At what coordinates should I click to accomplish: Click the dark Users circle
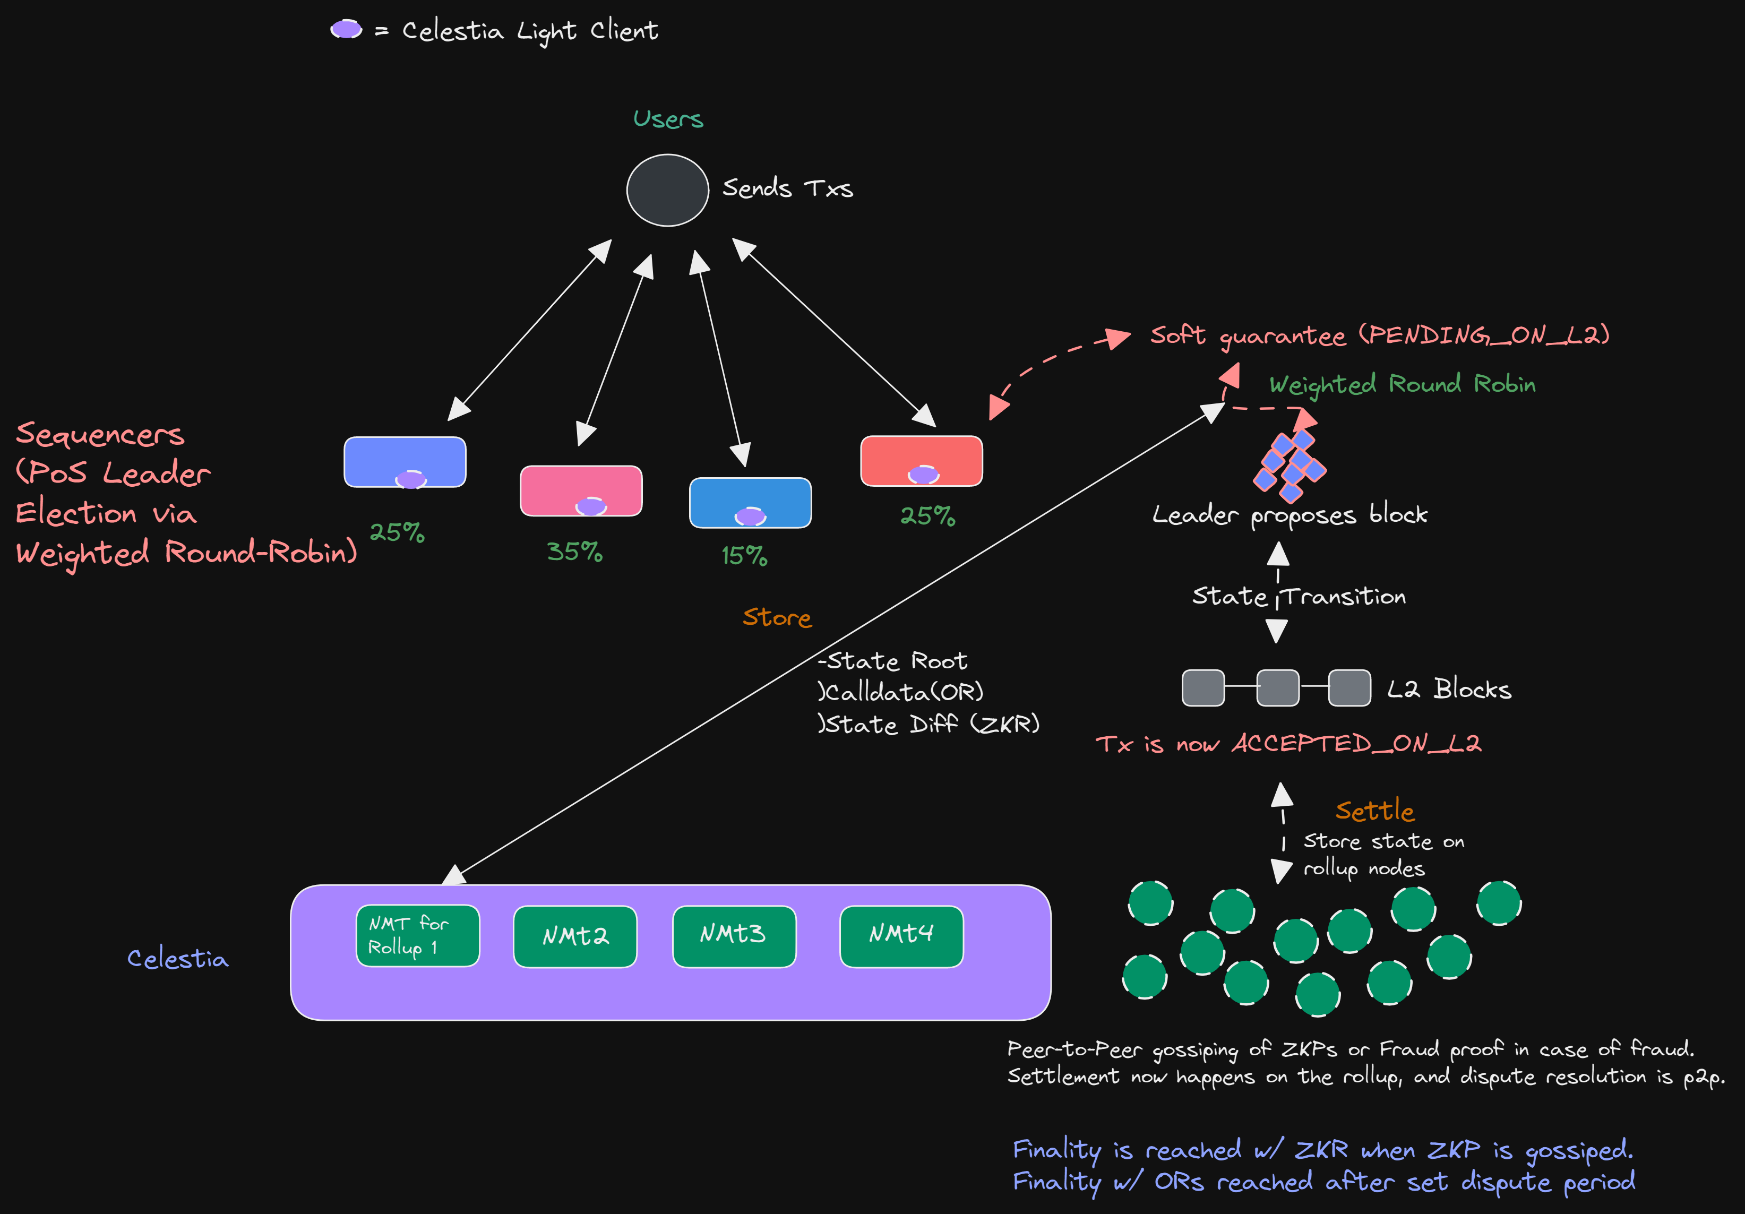(x=667, y=190)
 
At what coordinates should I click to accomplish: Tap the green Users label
(x=668, y=119)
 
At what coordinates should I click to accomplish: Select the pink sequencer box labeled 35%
(x=581, y=490)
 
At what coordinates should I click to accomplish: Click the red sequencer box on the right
(x=921, y=459)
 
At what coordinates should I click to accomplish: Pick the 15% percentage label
(x=744, y=556)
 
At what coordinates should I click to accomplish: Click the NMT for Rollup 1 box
(x=417, y=936)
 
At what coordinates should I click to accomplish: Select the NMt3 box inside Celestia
(x=734, y=936)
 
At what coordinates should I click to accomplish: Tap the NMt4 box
(x=901, y=936)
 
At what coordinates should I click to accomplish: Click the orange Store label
(x=777, y=617)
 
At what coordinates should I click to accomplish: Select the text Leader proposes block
(x=1290, y=515)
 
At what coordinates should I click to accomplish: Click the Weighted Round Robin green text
(x=1402, y=384)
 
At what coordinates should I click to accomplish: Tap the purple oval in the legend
(x=346, y=30)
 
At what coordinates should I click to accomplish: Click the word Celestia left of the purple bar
(x=178, y=959)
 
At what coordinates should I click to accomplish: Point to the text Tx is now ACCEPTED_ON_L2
(x=1288, y=744)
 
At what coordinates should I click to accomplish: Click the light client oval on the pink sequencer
(x=590, y=506)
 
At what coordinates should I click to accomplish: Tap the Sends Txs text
(x=787, y=188)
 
